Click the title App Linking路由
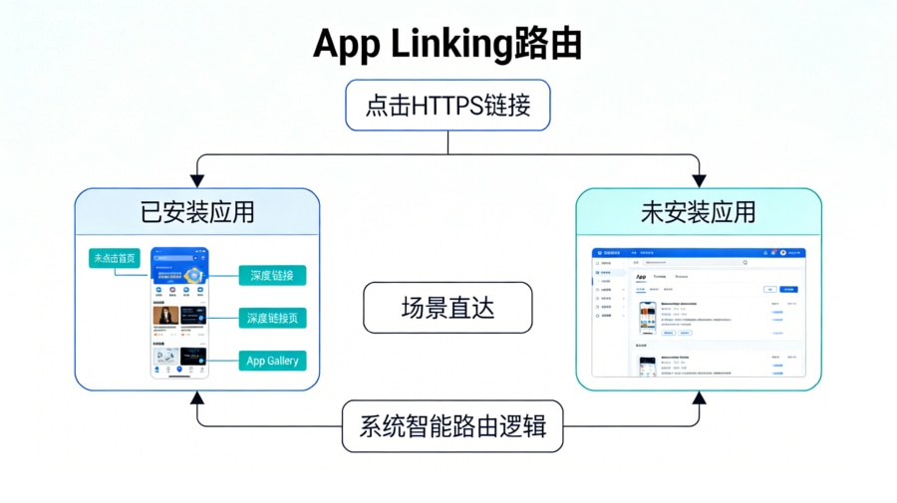click(448, 44)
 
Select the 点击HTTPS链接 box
click(448, 105)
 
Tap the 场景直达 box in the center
click(448, 308)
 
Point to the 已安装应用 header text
click(197, 211)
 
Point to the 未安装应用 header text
click(698, 211)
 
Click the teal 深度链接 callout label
click(272, 275)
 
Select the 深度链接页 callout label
click(272, 318)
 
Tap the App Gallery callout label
click(272, 361)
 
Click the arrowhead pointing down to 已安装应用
click(197, 180)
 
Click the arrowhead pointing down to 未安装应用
click(699, 180)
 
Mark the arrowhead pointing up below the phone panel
click(197, 396)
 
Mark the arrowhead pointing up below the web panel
click(699, 396)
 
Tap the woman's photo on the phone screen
click(165, 315)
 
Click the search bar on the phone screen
click(175, 258)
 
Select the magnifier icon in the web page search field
click(745, 263)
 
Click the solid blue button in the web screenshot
click(788, 289)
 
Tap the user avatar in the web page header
click(783, 253)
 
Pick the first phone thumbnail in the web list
click(648, 318)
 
